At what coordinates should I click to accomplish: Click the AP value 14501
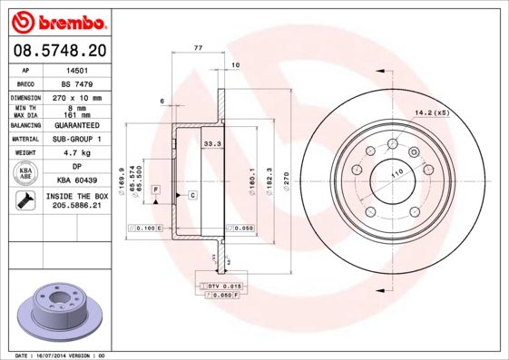point(76,69)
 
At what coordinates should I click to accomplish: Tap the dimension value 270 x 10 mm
point(76,97)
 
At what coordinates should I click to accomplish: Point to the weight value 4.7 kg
point(76,154)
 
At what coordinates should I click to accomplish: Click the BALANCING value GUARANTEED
point(76,125)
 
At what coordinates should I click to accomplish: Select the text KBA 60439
point(76,181)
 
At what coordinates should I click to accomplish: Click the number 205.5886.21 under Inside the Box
point(76,207)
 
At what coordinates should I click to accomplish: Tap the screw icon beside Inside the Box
point(24,201)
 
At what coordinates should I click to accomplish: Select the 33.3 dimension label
point(212,143)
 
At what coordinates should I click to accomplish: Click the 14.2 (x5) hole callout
point(430,112)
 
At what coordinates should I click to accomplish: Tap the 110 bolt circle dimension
point(396,172)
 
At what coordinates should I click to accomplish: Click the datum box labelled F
point(156,189)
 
